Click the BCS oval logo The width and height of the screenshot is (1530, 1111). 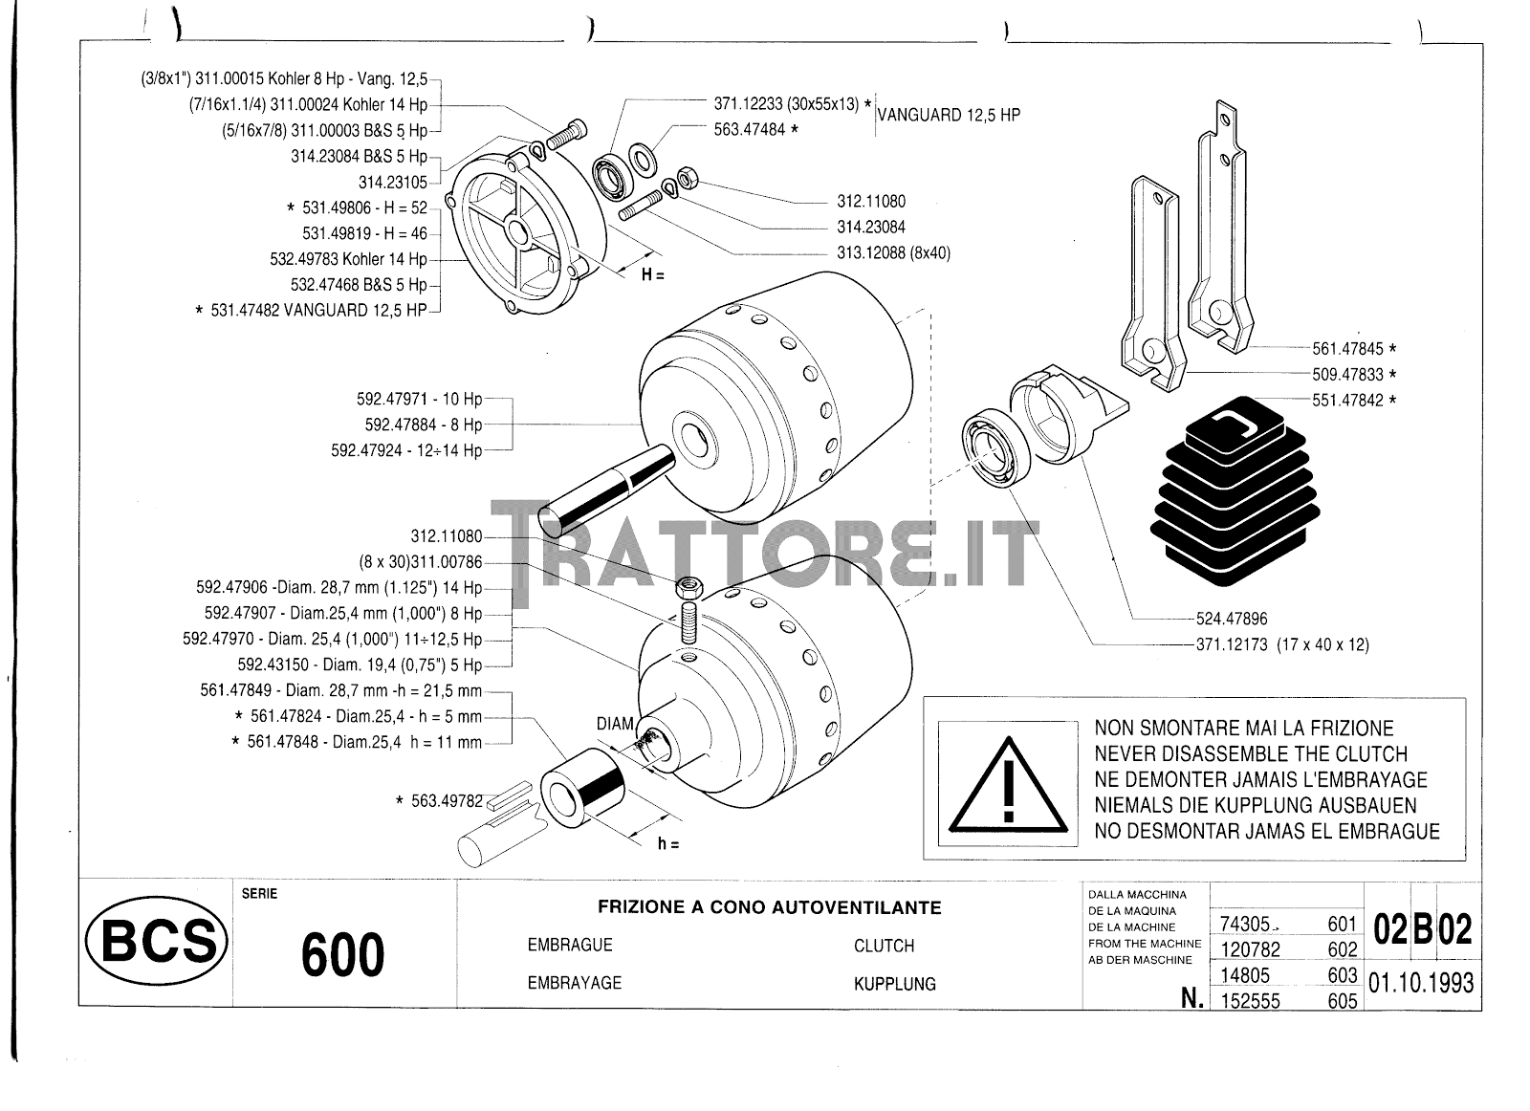(x=157, y=940)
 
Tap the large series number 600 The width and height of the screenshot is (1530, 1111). (x=343, y=954)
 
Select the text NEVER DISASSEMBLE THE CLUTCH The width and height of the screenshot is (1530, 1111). (x=1251, y=753)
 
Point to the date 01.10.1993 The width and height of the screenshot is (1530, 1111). (x=1421, y=983)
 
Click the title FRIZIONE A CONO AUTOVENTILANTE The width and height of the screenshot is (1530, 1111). (x=769, y=906)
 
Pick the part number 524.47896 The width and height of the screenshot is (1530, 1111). (x=1232, y=619)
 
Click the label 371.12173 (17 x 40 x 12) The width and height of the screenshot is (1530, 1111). (x=1282, y=644)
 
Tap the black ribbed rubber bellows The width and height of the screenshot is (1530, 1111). (x=1235, y=491)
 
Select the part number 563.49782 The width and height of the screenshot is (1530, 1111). (x=447, y=801)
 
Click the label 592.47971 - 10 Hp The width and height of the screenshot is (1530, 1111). (x=420, y=399)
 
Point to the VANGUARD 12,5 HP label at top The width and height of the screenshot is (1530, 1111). (x=949, y=115)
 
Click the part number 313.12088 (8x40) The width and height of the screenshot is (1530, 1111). (x=893, y=252)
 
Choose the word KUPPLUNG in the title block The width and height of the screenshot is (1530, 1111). (x=895, y=984)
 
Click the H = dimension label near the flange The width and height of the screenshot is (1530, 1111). (x=652, y=274)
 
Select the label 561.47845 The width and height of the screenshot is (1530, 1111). (x=1347, y=349)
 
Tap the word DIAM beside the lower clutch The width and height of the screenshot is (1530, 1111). (x=616, y=723)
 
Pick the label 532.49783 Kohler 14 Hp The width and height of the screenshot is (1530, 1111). (x=348, y=259)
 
